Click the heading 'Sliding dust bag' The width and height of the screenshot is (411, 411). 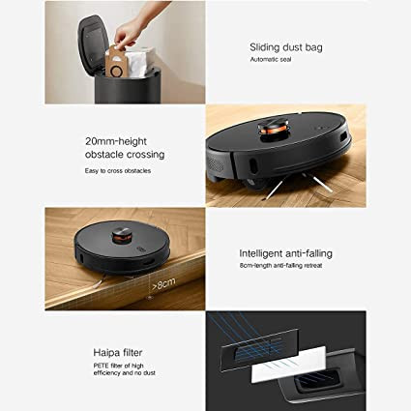click(286, 47)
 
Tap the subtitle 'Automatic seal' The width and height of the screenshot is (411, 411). click(271, 59)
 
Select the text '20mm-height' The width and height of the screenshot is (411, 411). click(116, 141)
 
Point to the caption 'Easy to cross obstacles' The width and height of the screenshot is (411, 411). click(118, 171)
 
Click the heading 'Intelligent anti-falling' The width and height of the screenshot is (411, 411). click(285, 253)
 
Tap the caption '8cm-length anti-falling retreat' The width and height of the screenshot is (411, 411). click(280, 266)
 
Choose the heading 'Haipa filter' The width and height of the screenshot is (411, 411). click(118, 352)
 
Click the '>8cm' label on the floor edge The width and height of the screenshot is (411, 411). click(163, 283)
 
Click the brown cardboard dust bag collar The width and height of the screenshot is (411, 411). click(115, 62)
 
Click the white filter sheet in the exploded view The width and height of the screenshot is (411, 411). click(288, 364)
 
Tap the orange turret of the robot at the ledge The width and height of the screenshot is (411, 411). click(122, 236)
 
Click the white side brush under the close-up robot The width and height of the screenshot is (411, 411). click(317, 183)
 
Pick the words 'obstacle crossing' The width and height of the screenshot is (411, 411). click(125, 155)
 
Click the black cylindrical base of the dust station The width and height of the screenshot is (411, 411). click(128, 87)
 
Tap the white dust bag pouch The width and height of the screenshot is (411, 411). click(139, 62)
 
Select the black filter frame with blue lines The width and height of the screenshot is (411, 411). click(259, 350)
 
